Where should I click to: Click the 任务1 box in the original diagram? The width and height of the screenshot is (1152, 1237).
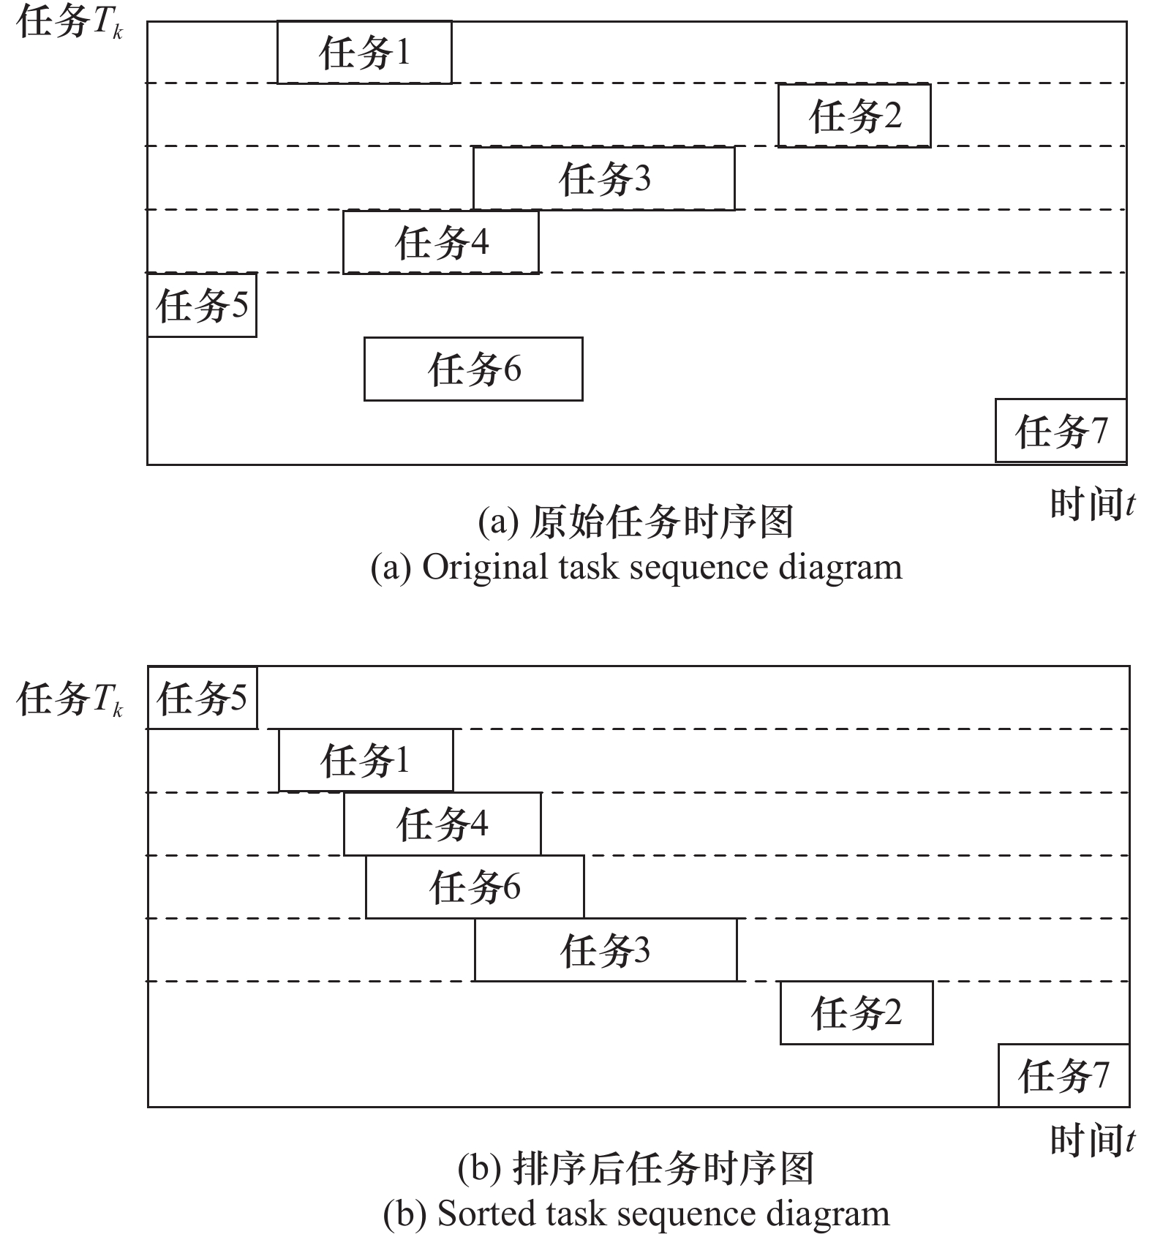364,53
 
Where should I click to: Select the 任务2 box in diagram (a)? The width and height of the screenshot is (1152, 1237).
854,116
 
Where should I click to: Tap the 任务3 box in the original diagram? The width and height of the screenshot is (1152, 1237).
603,178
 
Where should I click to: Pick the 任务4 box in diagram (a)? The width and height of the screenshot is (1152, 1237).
441,242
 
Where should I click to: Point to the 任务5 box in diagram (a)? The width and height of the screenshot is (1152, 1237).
202,305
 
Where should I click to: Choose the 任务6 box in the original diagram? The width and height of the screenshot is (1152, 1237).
473,369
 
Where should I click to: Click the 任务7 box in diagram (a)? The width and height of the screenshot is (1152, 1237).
1061,431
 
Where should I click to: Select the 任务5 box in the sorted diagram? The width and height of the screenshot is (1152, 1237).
203,698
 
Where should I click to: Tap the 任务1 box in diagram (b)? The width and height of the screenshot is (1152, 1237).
366,761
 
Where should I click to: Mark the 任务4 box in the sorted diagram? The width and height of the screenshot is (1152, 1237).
442,824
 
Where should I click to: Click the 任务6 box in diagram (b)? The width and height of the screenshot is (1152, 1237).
475,887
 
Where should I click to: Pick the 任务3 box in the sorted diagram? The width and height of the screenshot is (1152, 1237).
605,950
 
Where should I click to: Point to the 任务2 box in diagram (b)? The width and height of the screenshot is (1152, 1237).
856,1013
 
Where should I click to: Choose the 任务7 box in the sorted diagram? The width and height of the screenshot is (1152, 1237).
1063,1076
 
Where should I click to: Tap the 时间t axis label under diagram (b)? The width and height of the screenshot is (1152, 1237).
1092,1140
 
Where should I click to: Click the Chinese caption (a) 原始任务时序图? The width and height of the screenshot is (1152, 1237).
636,522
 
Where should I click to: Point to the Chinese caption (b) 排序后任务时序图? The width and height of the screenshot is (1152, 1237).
636,1168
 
